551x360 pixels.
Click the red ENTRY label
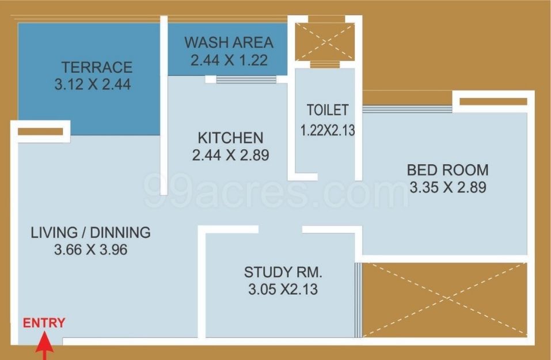[x=44, y=323]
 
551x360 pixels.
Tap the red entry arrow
[x=45, y=346]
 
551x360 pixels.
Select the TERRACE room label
[x=97, y=67]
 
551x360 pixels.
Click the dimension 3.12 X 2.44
[x=93, y=84]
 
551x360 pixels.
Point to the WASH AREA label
[x=229, y=43]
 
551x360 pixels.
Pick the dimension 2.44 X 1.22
[x=229, y=60]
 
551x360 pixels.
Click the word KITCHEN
[x=230, y=138]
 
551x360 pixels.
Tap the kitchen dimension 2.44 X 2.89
[x=230, y=155]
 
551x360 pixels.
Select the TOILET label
[x=328, y=110]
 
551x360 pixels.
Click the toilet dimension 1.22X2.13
[x=328, y=130]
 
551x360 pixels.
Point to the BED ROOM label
[x=448, y=170]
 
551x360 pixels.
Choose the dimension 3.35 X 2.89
[x=448, y=187]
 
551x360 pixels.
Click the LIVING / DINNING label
[x=90, y=233]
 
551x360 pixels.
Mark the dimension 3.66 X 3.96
[x=90, y=250]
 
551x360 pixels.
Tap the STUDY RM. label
[x=283, y=272]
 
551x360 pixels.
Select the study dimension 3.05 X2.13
[x=283, y=289]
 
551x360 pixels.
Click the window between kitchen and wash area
[x=246, y=79]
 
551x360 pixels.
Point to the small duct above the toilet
[x=325, y=42]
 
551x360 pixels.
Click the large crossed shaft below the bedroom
[x=445, y=300]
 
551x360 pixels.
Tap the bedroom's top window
[x=407, y=109]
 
